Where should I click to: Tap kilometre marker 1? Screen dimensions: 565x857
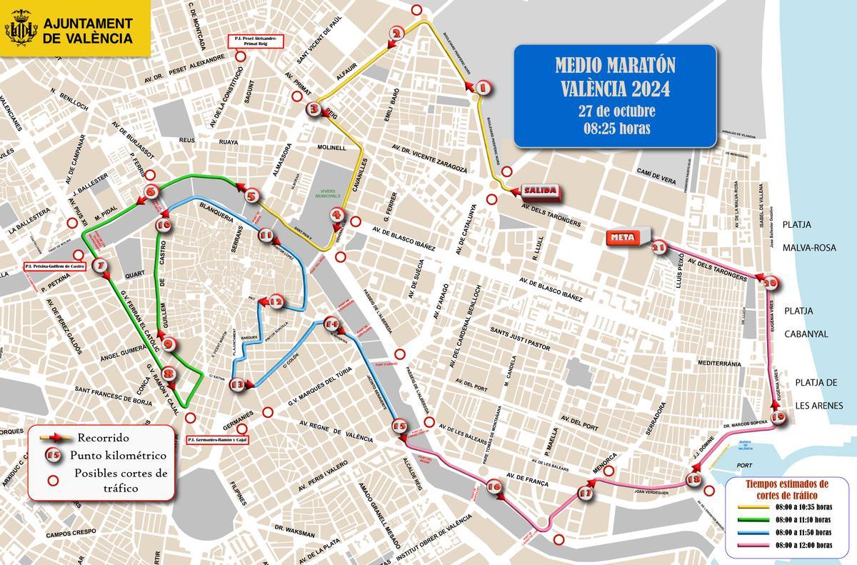coord(482,88)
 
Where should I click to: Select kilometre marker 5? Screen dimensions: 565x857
coord(251,196)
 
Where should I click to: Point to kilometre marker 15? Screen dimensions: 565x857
coord(399,426)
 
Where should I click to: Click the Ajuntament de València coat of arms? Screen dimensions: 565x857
coord(21,30)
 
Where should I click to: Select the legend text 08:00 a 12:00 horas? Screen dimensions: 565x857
coord(803,546)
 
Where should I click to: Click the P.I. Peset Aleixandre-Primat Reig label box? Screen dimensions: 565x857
coord(255,41)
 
